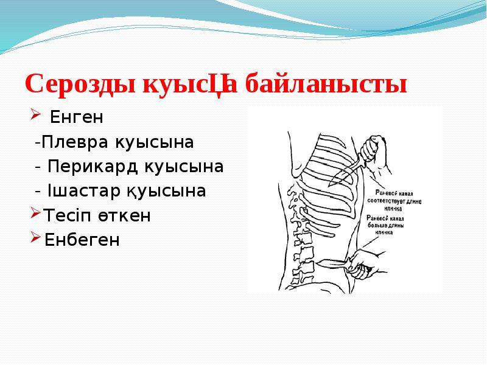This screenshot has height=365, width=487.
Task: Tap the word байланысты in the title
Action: pyautogui.click(x=326, y=84)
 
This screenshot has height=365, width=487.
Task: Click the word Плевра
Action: pyautogui.click(x=71, y=142)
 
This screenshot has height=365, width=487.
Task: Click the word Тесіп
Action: pyautogui.click(x=65, y=215)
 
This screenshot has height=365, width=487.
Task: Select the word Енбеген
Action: pyautogui.click(x=82, y=240)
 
